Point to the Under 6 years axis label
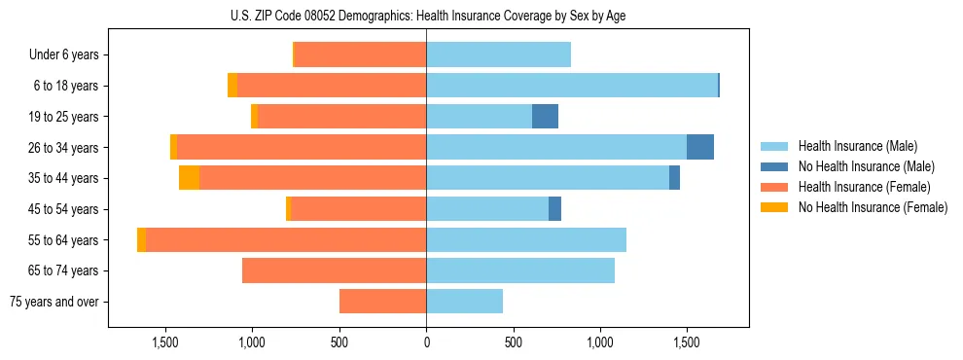tap(64, 55)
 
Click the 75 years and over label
tap(53, 302)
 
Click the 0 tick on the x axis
tap(426, 342)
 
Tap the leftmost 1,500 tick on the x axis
tap(165, 342)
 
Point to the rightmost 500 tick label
tap(514, 342)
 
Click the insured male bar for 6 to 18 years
tap(572, 86)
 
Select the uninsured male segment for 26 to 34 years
tap(700, 147)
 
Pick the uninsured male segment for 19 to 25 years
tap(545, 117)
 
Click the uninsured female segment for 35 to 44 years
tap(189, 178)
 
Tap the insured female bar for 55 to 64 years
tap(286, 239)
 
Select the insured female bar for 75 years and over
tap(382, 302)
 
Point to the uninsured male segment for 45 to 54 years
tap(554, 209)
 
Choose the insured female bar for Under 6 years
tap(360, 55)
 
